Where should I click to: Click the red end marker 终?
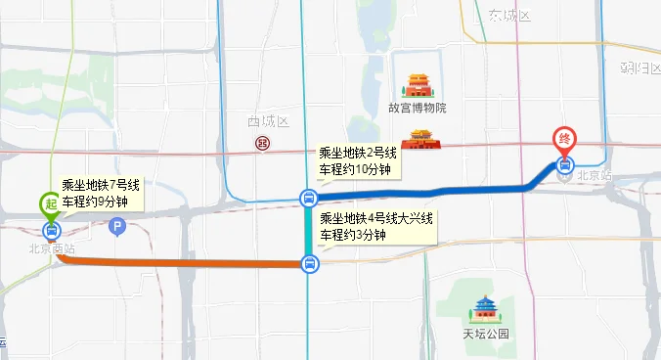pos(564,140)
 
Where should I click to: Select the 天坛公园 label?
pos(486,333)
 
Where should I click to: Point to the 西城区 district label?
pos(269,121)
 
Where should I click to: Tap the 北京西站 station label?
pos(51,249)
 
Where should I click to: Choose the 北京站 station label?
pos(594,176)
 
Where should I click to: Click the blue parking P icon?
pos(118,228)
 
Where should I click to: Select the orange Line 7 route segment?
pos(176,261)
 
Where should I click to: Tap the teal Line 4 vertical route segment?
pos(309,230)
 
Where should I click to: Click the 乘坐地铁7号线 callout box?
pos(102,194)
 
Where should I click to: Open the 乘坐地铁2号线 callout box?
pos(358,161)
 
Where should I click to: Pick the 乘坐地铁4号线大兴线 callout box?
pos(375,226)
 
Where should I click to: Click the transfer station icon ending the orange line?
pos(309,263)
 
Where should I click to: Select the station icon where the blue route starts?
pos(309,199)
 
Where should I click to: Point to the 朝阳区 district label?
pos(639,67)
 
